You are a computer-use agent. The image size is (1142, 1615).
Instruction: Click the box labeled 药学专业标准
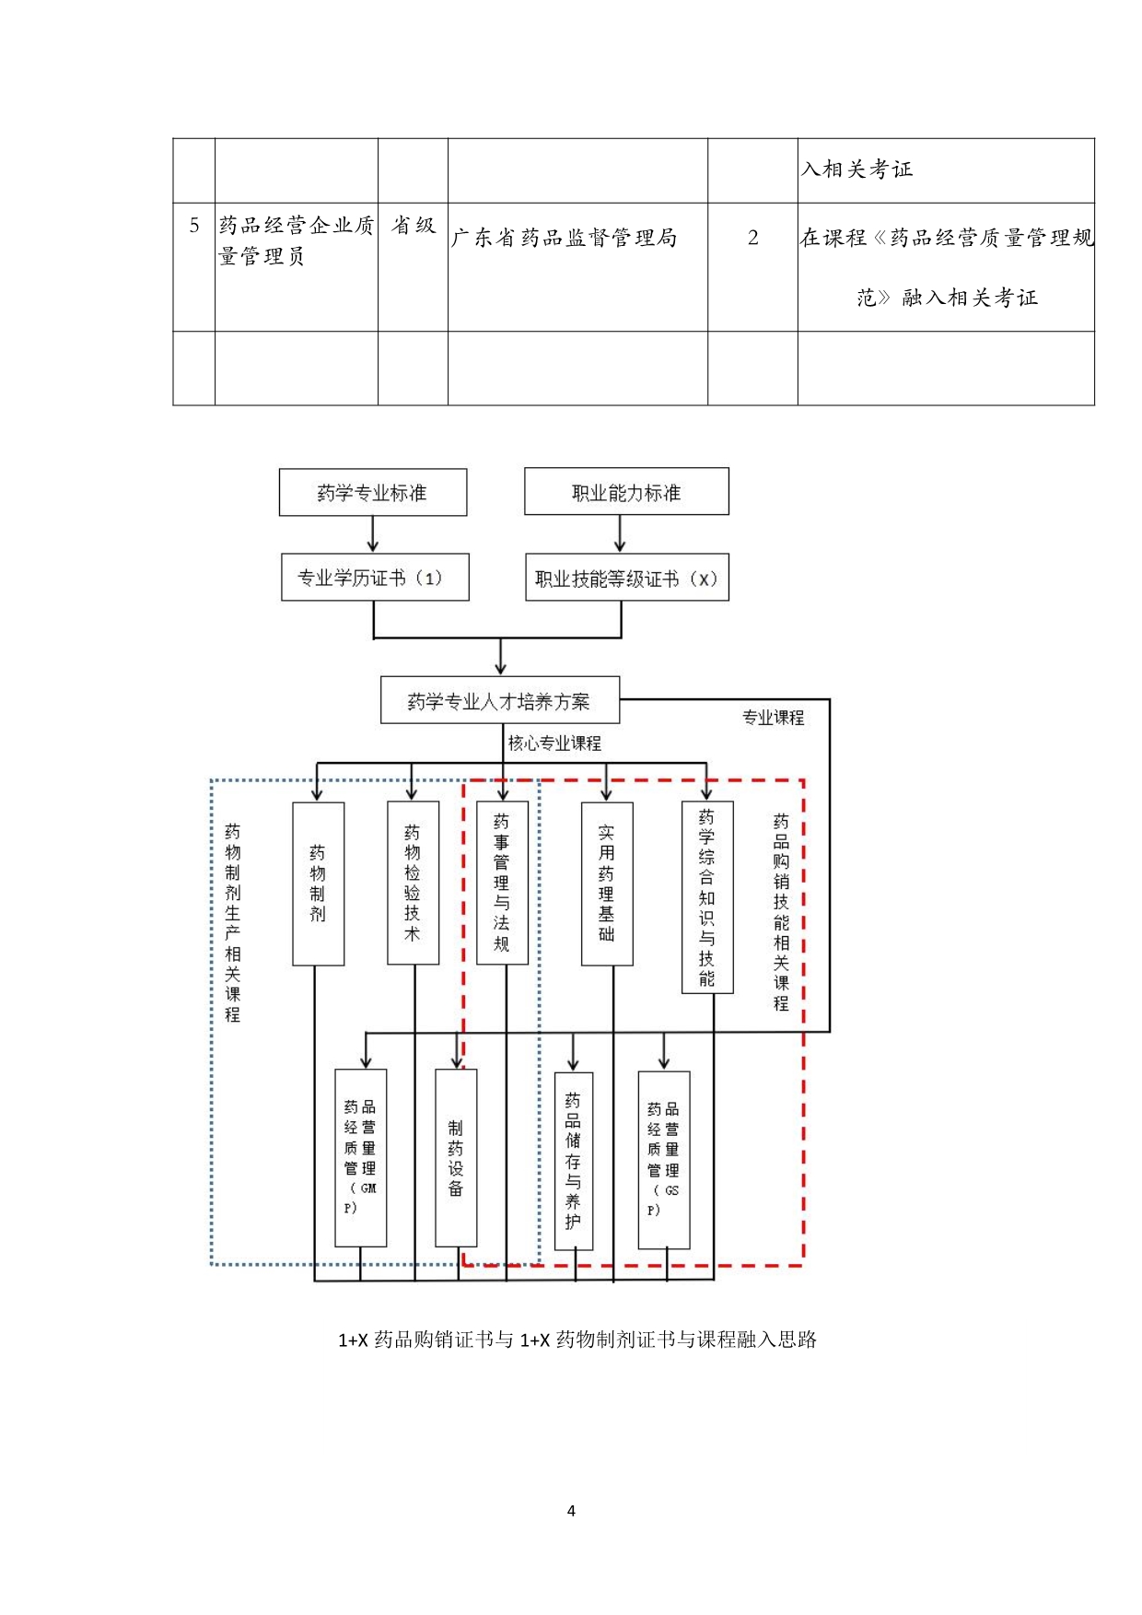[372, 493]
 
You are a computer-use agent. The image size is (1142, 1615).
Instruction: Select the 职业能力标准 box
[626, 492]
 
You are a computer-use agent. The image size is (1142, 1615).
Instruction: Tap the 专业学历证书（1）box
[375, 578]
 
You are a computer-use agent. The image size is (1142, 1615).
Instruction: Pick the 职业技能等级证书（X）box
[626, 578]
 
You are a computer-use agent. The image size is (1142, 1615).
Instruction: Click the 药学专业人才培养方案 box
[499, 701]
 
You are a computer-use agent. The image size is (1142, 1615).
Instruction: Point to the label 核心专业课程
[554, 743]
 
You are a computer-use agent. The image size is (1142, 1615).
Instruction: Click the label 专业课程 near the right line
[773, 718]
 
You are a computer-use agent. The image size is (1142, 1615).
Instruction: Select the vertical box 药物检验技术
[413, 883]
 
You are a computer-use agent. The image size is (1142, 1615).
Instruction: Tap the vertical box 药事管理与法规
[502, 883]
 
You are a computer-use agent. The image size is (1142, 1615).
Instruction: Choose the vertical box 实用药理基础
[607, 884]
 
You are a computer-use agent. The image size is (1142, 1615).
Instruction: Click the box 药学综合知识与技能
[707, 897]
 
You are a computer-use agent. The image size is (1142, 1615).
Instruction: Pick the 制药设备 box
[456, 1157]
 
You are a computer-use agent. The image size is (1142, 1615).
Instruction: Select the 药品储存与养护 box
[574, 1161]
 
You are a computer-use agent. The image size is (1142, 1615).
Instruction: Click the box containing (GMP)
[360, 1157]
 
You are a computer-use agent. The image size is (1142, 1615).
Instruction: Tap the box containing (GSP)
[664, 1159]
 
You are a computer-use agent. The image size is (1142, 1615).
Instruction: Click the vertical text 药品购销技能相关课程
[781, 912]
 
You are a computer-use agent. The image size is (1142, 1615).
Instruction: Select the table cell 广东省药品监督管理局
[565, 239]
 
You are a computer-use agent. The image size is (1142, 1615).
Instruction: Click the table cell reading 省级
[414, 226]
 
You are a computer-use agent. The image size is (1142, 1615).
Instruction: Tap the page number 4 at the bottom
[571, 1510]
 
